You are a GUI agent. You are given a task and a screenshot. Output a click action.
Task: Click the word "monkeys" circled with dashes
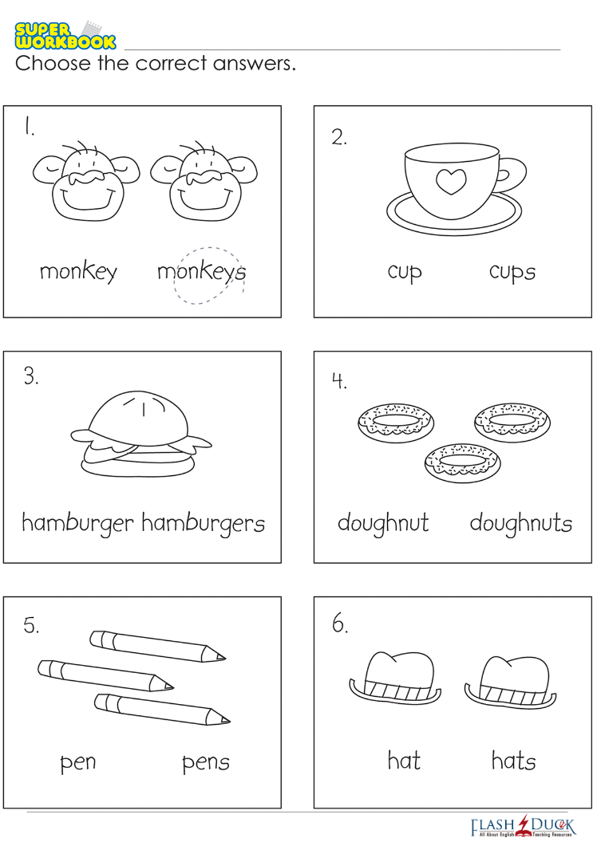point(201,272)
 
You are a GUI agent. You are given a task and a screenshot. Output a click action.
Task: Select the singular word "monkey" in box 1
point(78,272)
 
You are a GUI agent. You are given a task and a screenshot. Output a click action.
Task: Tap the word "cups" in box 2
point(512,272)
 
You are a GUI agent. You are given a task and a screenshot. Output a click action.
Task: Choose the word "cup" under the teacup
point(405,272)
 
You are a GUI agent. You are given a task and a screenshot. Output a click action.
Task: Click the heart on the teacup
point(450,182)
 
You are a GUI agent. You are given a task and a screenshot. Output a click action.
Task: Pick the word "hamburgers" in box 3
point(203,523)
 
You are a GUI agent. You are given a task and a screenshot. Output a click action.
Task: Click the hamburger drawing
point(140,434)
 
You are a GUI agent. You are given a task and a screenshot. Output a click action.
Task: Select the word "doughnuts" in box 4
point(520,523)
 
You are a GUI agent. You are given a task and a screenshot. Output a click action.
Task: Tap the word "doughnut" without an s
point(383,523)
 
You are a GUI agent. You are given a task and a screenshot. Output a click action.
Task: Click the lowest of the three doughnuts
point(463,462)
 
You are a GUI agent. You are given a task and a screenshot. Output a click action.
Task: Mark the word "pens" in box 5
point(206,762)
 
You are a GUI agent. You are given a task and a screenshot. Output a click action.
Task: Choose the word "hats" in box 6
point(514,761)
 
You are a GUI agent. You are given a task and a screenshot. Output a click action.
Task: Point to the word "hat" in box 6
point(404,761)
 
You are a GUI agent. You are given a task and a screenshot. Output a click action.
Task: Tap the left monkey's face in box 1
point(86,182)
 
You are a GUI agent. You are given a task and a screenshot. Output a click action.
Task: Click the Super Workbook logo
point(65,36)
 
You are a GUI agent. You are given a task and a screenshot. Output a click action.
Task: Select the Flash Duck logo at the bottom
point(522,826)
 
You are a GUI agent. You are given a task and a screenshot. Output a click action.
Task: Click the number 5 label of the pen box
point(31,625)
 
